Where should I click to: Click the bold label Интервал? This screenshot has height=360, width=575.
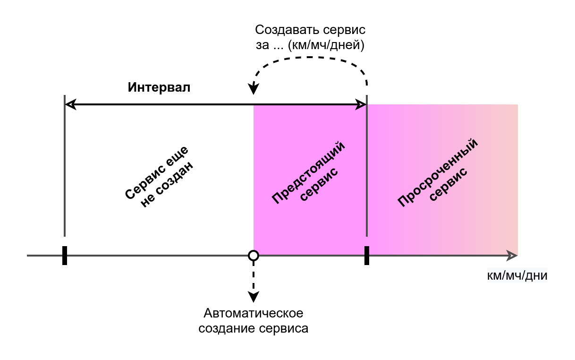(159, 87)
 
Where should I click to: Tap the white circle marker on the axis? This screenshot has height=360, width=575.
(254, 256)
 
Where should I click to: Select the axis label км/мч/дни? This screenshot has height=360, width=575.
(517, 275)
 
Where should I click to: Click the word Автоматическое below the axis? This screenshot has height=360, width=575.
(254, 313)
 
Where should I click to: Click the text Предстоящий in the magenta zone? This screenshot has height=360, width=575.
(308, 172)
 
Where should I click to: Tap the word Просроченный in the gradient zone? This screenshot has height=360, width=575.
(438, 172)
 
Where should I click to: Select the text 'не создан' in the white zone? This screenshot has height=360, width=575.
(167, 185)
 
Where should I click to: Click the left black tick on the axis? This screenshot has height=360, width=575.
(65, 256)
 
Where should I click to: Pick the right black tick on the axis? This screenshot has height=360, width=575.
(367, 256)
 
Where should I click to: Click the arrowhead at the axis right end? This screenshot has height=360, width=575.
(512, 256)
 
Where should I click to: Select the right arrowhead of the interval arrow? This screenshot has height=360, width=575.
(361, 104)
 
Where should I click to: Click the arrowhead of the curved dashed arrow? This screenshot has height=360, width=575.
(254, 89)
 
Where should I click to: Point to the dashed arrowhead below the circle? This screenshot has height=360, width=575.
(254, 297)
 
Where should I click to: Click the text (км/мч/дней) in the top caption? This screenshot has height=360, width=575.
(326, 45)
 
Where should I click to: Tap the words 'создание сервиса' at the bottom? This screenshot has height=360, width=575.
(254, 328)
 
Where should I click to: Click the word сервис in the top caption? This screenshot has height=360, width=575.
(344, 30)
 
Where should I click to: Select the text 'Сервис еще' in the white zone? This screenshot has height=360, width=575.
(157, 172)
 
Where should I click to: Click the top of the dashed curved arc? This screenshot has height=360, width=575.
(310, 57)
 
